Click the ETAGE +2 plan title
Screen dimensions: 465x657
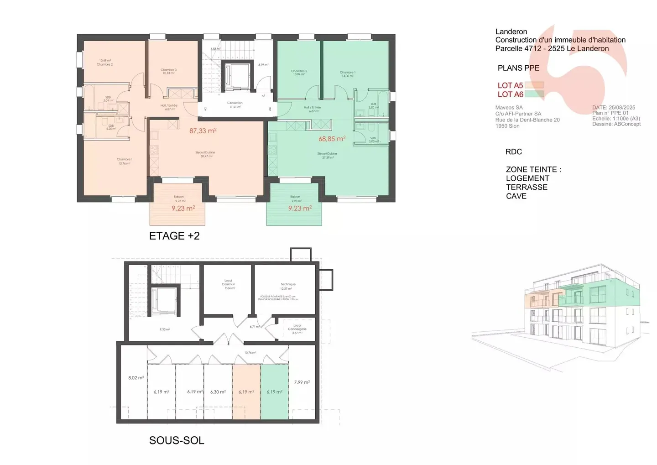point(174,236)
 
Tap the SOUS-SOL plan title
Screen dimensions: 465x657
point(177,440)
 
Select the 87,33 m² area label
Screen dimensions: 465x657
point(203,131)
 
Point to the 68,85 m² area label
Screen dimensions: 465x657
point(332,139)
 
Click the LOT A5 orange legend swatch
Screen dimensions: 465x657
point(534,85)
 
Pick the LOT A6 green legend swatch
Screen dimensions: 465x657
point(534,94)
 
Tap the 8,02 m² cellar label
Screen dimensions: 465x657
point(136,378)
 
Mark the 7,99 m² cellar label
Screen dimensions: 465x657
point(302,382)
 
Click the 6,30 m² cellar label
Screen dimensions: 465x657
point(218,392)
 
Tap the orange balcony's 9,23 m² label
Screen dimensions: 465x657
point(183,208)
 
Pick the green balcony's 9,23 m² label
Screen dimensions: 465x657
point(300,208)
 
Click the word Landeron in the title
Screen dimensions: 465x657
point(511,31)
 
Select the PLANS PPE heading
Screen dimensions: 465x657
point(518,68)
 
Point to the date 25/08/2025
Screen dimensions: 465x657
point(622,108)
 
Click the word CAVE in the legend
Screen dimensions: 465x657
point(516,196)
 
